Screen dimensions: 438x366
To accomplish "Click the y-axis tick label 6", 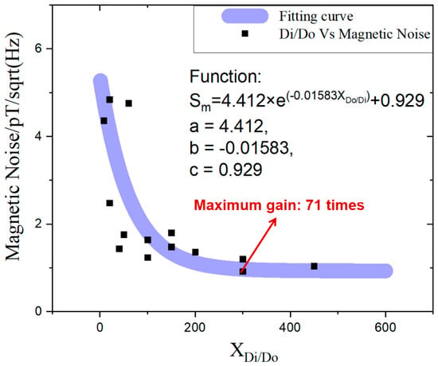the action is coord(38,49).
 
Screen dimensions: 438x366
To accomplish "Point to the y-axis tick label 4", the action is coord(38,136).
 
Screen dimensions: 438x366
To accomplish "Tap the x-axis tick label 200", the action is coord(195,327).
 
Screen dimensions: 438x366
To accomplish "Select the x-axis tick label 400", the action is coord(291,327).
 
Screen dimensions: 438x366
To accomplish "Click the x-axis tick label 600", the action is coord(385,327).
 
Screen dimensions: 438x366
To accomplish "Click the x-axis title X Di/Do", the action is coord(254,352).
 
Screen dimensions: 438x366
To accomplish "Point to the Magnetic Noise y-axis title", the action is coord(14,147).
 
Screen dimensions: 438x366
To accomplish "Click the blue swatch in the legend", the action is coord(245,16).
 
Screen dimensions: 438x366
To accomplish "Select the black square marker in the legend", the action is coord(245,33).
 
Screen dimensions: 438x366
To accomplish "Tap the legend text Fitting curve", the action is coord(316,16).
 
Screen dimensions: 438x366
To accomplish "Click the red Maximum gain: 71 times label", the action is coord(279,205).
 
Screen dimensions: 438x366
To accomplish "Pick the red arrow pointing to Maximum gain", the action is coord(259,243).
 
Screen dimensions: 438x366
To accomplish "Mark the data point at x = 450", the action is coord(314,267).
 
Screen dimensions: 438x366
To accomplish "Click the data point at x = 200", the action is coord(195,252).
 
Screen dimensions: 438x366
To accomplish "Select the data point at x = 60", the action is coord(128,103).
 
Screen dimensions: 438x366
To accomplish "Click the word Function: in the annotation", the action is coord(225,76).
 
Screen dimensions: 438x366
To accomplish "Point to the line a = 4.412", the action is coord(229,127).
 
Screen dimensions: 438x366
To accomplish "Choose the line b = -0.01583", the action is coord(241,148).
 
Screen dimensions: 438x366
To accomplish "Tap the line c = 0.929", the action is coord(225,169).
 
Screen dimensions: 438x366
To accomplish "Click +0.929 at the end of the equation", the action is coord(397,100).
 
